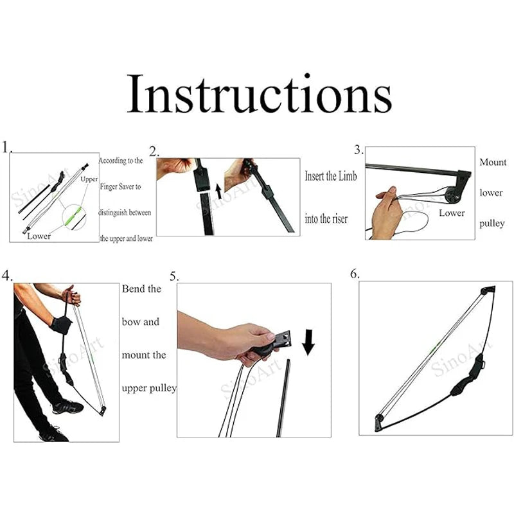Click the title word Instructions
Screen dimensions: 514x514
(260, 93)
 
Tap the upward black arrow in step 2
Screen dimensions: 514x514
(218, 191)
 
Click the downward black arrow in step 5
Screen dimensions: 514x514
(308, 342)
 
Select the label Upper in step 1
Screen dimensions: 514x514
(89, 180)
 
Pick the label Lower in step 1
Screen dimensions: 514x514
(39, 236)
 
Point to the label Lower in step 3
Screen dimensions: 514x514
(452, 213)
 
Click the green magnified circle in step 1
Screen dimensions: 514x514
(74, 217)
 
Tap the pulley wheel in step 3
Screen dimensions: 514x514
(452, 196)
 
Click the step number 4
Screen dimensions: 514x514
(6, 276)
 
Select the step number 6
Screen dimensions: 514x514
(355, 274)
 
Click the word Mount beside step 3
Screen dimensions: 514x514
(493, 163)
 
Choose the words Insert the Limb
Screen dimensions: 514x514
(330, 176)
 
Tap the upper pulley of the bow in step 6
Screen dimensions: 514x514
(488, 291)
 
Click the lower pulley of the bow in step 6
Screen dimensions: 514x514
(379, 422)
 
